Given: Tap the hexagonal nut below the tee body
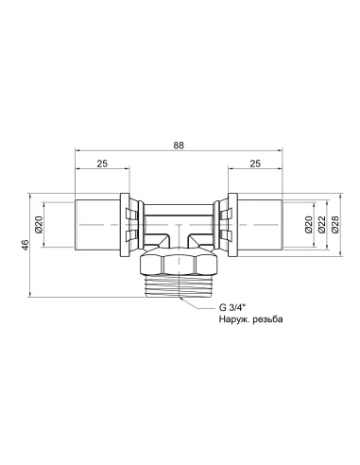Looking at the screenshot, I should click(x=179, y=264).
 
